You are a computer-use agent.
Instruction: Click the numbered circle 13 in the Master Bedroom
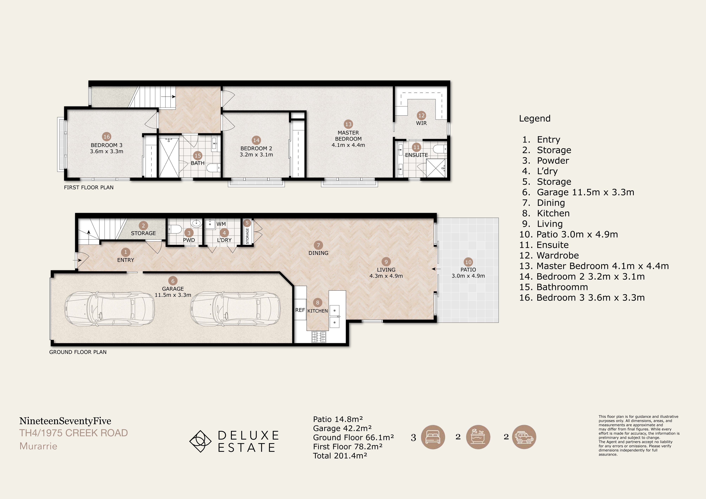[x=348, y=124]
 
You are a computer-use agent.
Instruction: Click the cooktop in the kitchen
[x=319, y=337]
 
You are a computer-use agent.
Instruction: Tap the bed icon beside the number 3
[x=433, y=437]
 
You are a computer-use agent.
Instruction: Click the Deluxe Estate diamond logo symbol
[x=200, y=441]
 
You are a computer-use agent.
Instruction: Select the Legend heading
[x=535, y=119]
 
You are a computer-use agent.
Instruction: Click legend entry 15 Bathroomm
[x=553, y=287]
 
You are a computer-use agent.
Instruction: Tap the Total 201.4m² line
[x=340, y=456]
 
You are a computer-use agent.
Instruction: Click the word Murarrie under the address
[x=38, y=446]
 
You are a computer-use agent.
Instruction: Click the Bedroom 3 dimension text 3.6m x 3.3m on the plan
[x=107, y=151]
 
